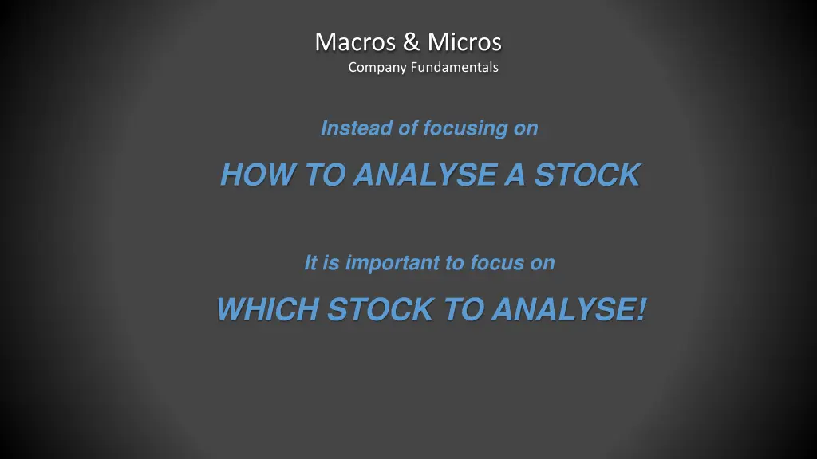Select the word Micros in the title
coord(464,41)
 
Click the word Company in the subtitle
coord(377,68)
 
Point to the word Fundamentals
coord(454,68)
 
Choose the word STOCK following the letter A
coord(586,175)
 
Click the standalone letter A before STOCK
coord(515,175)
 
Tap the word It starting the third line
coord(311,263)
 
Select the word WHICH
coord(267,309)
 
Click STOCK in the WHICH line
coord(379,309)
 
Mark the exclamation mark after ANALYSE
coord(641,309)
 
